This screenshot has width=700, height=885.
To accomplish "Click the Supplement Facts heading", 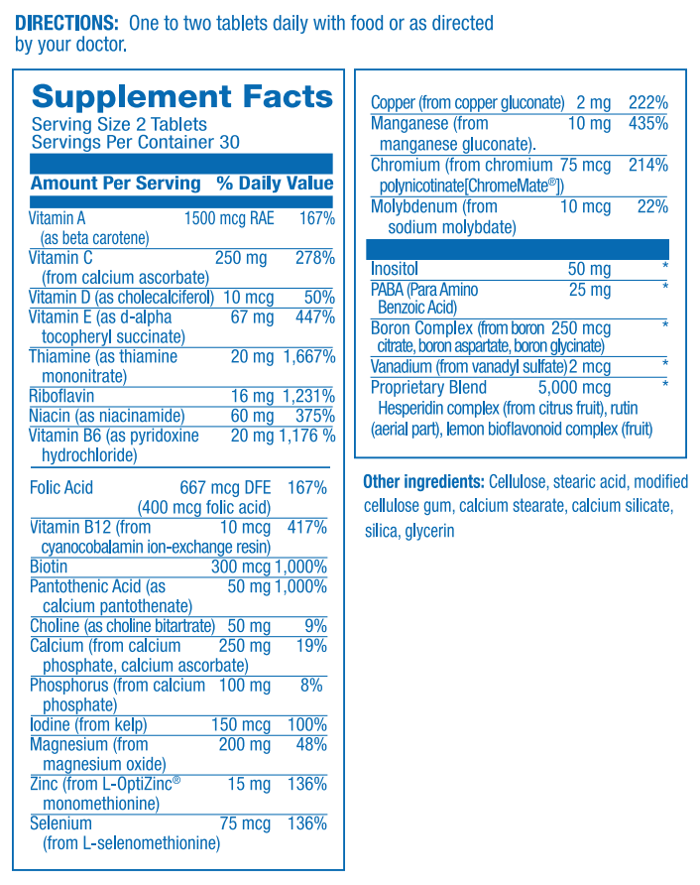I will coord(182,97).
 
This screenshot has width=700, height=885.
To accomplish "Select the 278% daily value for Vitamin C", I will coord(314,258).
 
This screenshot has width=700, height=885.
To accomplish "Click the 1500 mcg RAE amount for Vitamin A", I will coord(229,218).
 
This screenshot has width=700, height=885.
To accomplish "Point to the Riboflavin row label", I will coord(62,396).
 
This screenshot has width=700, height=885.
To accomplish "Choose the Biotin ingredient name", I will coord(49,567).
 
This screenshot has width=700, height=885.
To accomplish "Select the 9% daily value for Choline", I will coord(316,626).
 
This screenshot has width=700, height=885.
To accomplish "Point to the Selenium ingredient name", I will coord(60,823).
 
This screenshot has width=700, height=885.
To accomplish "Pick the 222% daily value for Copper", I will coord(647,103).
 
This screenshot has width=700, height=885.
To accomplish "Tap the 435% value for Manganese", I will coord(647,124).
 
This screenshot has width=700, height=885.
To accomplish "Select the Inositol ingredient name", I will coord(395,269).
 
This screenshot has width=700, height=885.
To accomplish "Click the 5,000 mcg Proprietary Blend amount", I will coord(574,388).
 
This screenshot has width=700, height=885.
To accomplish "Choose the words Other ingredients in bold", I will coord(423,482).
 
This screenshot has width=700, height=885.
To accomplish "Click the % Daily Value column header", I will coord(275,184).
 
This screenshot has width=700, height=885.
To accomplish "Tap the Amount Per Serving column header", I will coord(115,184).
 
